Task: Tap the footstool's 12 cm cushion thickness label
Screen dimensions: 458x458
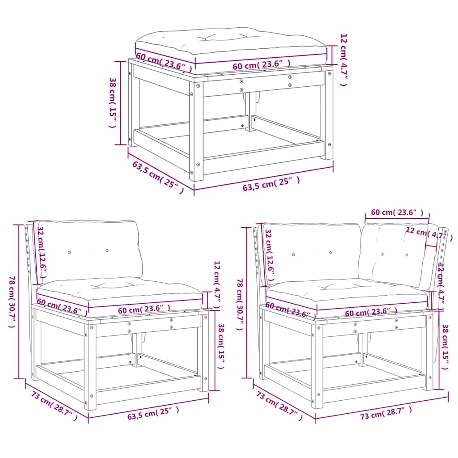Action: coord(343,59)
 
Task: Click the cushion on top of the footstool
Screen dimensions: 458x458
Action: coord(230,43)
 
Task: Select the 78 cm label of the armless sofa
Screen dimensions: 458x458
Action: coord(12,302)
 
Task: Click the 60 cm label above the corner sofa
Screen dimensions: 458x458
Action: coord(397,212)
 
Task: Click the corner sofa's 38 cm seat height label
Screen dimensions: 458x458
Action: coord(445,347)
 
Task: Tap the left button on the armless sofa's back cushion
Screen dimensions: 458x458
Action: coord(69,252)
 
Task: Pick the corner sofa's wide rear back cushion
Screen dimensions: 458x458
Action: coord(313,253)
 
